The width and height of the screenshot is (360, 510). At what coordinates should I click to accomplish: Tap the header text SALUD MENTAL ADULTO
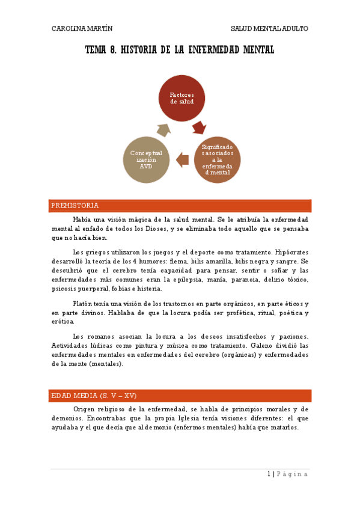[270, 28]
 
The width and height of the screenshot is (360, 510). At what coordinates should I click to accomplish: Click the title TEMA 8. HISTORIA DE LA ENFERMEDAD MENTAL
[180, 50]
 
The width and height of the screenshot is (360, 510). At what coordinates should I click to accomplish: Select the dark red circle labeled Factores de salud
[181, 98]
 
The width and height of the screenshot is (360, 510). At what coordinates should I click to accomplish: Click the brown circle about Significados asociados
[217, 159]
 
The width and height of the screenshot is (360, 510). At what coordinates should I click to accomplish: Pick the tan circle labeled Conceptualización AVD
[146, 159]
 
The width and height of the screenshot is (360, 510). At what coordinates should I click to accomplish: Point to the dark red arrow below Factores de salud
[199, 127]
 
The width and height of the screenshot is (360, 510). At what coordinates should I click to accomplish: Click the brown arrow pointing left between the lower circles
[182, 159]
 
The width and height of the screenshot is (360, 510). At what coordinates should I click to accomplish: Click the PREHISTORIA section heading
[75, 206]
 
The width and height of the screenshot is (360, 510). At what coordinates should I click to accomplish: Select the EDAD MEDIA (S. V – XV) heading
[94, 396]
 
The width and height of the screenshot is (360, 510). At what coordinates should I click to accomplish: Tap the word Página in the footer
[293, 474]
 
